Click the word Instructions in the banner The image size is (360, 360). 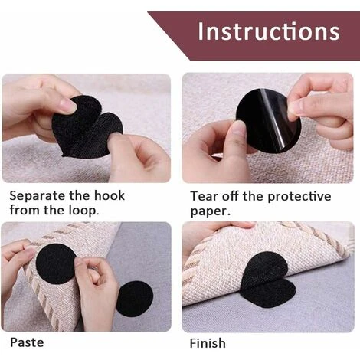[269, 31]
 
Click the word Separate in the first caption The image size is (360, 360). [37, 196]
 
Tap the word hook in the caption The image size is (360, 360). [110, 195]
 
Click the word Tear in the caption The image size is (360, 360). [205, 196]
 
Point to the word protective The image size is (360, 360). [299, 197]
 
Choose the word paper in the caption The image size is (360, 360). [209, 212]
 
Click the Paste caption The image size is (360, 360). [27, 342]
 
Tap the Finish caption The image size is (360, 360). [208, 343]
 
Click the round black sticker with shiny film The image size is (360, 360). [268, 120]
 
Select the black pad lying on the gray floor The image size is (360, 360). [136, 299]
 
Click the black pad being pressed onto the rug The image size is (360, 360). [56, 263]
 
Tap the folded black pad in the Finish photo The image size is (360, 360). [268, 280]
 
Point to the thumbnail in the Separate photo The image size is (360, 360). [68, 106]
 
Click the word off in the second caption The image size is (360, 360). [231, 196]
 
